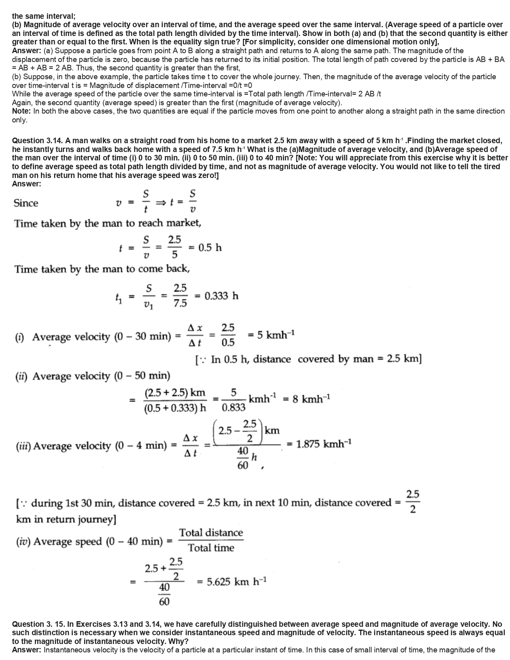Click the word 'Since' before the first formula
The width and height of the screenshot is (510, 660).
pos(26,203)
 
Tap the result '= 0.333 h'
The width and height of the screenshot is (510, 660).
pos(216,296)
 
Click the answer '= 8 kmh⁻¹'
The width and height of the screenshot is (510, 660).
pos(306,399)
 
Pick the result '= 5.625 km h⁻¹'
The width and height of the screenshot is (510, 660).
pos(232,582)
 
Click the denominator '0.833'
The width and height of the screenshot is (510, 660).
pos(233,408)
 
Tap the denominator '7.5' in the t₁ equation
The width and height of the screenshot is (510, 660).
pos(180,304)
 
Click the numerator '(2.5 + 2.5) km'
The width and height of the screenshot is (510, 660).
pos(175,392)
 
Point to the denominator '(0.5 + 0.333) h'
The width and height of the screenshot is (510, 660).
pos(175,408)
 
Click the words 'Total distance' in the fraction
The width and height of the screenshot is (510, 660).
pos(211,533)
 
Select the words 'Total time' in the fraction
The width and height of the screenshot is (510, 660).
pos(211,548)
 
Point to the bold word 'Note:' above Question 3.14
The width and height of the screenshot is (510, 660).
pos(22,111)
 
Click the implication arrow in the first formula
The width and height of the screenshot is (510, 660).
pos(160,203)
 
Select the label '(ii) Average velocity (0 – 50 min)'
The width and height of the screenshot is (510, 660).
pos(92,376)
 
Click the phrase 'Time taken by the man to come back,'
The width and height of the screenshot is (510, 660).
pos(102,269)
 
